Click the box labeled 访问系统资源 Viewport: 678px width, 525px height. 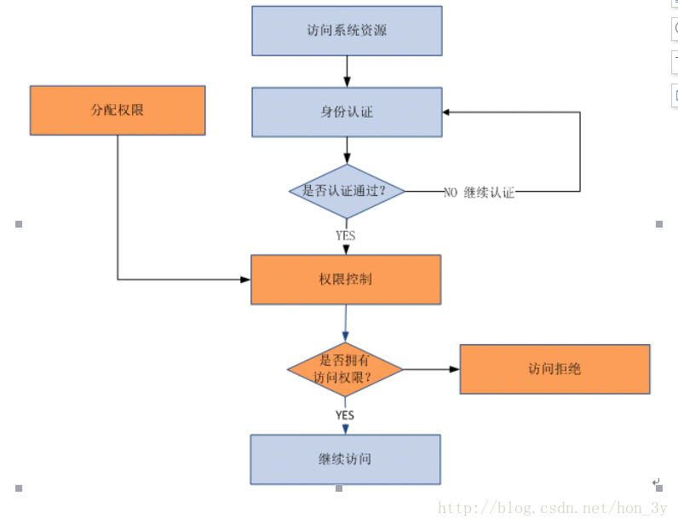point(347,31)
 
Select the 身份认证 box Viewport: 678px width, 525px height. point(347,112)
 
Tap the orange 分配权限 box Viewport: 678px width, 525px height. point(118,110)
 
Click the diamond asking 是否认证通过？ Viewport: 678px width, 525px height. point(346,191)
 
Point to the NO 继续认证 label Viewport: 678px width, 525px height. point(479,193)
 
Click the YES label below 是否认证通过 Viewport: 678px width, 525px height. point(345,235)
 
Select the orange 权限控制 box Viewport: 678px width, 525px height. point(346,280)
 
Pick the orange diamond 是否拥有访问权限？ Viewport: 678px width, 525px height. point(345,369)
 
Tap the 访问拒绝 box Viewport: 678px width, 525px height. point(554,369)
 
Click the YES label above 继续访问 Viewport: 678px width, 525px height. point(345,415)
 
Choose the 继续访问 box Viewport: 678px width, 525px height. point(345,459)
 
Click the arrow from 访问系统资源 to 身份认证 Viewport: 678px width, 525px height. point(347,71)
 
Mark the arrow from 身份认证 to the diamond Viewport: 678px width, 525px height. point(347,150)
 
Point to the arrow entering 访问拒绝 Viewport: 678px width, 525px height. point(431,369)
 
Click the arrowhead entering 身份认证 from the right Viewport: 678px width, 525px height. point(447,112)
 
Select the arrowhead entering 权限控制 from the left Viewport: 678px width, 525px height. point(245,279)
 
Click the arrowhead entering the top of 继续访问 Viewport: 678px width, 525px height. point(345,430)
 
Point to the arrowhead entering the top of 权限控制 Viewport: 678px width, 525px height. point(346,250)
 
